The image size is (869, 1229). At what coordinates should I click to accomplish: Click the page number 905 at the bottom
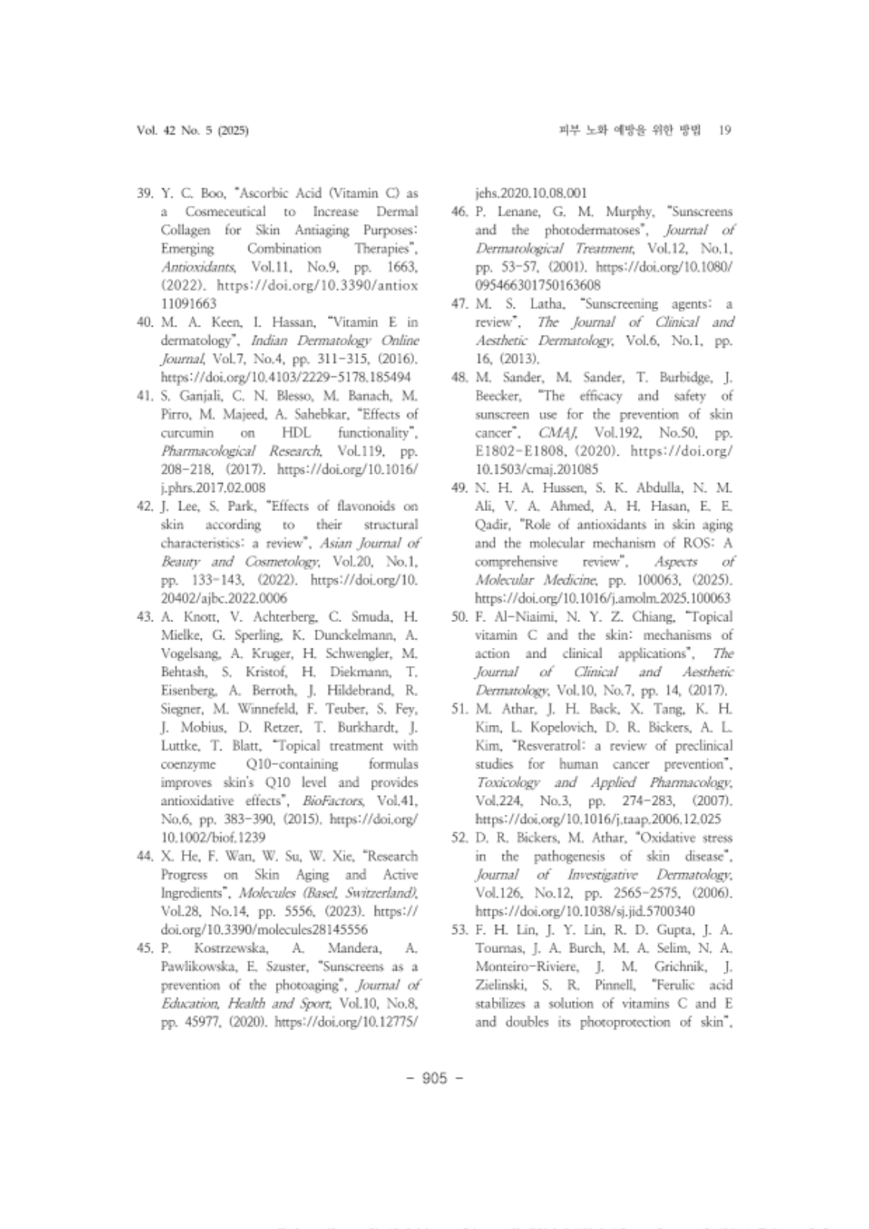point(434,1077)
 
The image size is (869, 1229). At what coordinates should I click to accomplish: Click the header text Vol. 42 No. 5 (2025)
point(193,130)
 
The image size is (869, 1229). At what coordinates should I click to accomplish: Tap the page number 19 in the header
point(724,130)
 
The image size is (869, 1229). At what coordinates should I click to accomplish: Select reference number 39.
point(146,193)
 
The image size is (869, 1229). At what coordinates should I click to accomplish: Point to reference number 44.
point(146,856)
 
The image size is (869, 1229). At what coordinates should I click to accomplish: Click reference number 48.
point(460,377)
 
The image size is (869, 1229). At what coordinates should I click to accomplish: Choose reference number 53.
point(460,930)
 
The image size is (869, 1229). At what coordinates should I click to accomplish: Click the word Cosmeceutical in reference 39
point(225,212)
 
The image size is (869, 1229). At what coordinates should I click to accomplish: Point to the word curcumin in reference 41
point(187,432)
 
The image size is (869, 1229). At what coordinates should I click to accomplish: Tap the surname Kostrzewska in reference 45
point(231,948)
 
